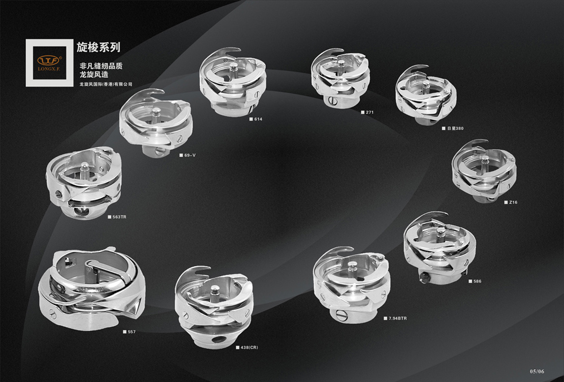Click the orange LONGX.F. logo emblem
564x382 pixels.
point(49,60)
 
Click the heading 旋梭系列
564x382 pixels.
point(98,47)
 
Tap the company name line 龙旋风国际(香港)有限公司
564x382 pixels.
point(106,84)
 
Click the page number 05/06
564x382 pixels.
point(537,371)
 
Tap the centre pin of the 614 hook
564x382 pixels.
point(234,70)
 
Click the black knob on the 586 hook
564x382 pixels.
point(424,277)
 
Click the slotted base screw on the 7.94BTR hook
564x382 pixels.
point(342,316)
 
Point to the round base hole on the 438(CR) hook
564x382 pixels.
point(217,340)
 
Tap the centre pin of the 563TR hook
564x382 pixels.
point(84,170)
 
